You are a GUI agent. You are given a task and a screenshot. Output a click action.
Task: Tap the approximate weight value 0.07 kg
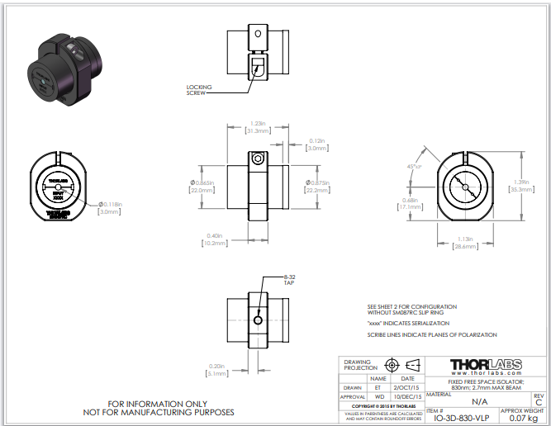click(522, 418)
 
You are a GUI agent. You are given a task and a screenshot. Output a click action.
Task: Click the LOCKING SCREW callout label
click(200, 89)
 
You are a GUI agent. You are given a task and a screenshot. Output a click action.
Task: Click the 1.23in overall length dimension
click(257, 123)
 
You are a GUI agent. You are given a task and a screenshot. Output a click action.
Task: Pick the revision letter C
click(539, 403)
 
